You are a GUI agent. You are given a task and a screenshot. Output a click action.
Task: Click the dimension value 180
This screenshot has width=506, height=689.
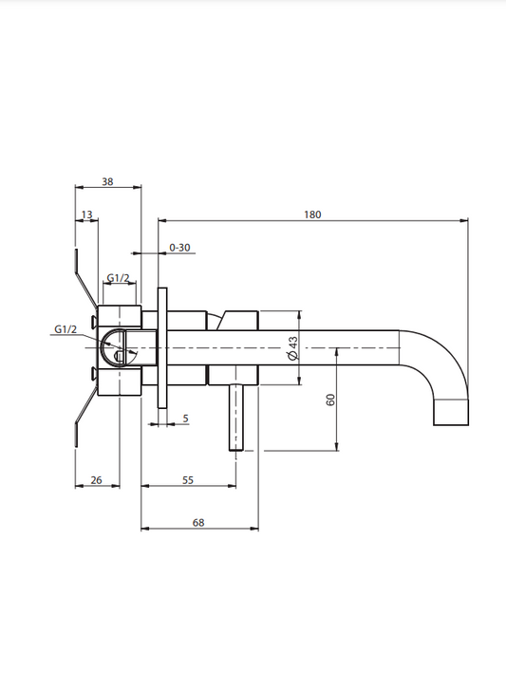pos(312,214)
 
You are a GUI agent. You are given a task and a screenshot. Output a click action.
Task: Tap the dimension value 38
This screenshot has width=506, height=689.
pos(107,181)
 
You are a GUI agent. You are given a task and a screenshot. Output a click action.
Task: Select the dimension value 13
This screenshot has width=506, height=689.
pos(87,214)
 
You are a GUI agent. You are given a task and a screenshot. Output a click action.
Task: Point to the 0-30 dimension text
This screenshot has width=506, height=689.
pos(179,248)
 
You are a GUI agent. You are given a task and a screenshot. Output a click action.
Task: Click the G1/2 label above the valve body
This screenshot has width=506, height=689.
pos(119,278)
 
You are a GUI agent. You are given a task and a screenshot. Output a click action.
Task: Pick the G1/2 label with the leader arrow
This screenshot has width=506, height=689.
pos(66,329)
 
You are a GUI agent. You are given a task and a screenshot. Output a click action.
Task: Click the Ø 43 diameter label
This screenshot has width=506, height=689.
pos(293,348)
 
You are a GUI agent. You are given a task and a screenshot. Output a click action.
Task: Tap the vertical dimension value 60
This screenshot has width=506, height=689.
pos(330,400)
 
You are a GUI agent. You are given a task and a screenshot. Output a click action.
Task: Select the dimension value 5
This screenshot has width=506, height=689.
pos(185,418)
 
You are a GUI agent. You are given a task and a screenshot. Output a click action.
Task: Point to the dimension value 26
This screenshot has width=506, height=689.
pos(96,480)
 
